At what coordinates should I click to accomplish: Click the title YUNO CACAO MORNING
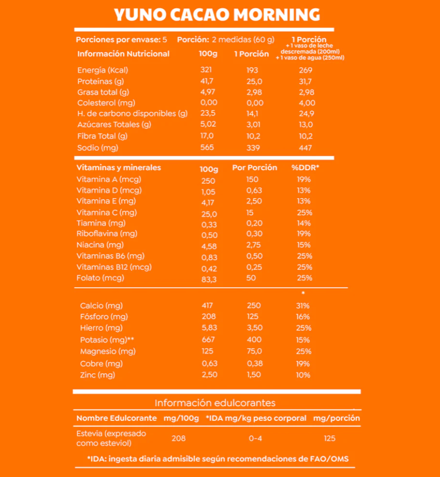click(217, 15)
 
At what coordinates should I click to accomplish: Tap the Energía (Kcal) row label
click(103, 70)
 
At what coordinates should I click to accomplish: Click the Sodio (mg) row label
click(98, 148)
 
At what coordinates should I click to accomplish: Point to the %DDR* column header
click(305, 168)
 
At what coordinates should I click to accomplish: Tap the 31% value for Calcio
click(303, 306)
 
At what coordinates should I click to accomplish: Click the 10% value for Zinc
click(303, 375)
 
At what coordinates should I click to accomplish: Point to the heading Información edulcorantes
click(215, 403)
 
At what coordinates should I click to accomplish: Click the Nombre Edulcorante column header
click(117, 418)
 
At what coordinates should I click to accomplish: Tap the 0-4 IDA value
click(256, 439)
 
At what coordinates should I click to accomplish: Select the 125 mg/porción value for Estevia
click(330, 439)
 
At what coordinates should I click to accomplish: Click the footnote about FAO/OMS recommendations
click(218, 459)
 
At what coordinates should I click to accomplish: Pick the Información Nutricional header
click(123, 54)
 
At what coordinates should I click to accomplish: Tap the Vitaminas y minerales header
click(118, 168)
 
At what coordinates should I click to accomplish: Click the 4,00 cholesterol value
click(307, 103)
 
